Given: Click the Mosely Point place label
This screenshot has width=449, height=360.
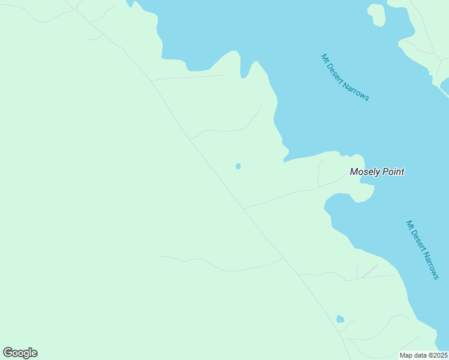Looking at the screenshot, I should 377,172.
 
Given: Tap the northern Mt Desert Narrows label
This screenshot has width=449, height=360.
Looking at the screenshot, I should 345,78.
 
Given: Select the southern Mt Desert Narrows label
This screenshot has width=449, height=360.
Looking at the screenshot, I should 423,250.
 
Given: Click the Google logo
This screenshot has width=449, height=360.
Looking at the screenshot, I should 20,353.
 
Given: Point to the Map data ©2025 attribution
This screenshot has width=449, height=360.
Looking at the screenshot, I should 424,355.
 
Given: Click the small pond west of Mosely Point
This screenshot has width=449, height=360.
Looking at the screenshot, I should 238,166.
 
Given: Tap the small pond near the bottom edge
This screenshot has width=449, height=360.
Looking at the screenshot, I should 340,319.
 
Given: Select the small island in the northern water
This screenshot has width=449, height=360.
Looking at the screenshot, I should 376,14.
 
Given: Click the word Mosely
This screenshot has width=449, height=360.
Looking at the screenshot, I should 364,172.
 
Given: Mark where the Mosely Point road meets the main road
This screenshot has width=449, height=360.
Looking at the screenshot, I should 244,209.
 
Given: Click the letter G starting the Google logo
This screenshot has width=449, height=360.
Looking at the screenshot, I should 7,353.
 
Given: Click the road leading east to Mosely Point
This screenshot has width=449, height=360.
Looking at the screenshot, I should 288,194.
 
